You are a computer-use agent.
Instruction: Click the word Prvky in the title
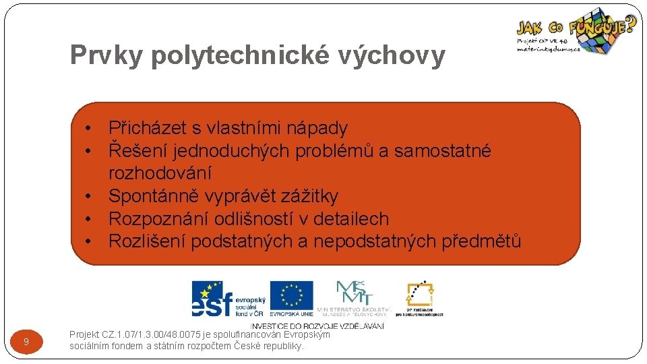[106, 56]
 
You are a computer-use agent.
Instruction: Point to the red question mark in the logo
[630, 26]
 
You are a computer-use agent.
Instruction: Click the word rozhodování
[160, 173]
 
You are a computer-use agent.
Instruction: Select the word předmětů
[481, 241]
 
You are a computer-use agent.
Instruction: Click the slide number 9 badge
[26, 342]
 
